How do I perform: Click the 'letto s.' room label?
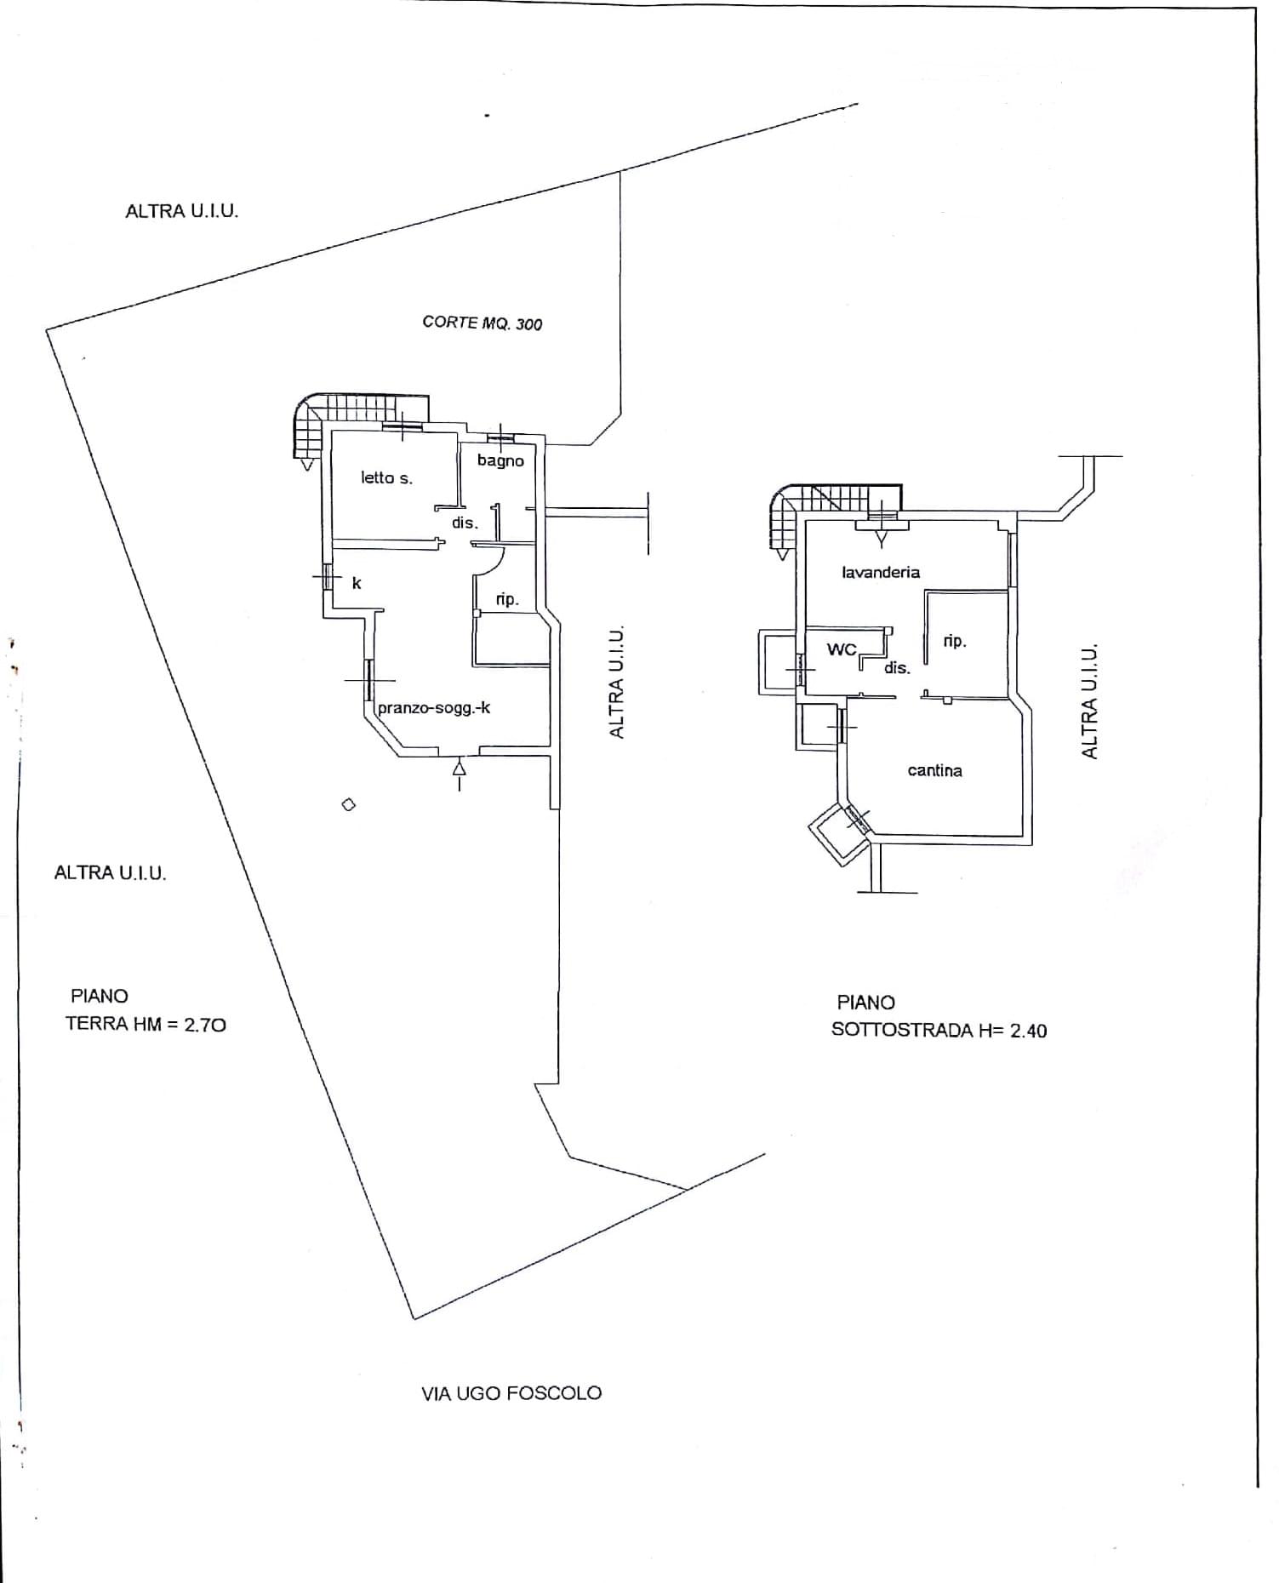(386, 478)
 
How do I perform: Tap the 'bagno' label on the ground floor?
(500, 461)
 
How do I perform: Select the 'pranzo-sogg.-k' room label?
(434, 707)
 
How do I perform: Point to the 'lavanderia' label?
(881, 572)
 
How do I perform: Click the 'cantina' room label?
(935, 770)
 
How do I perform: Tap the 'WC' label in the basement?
(842, 649)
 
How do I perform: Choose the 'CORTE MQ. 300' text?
(482, 323)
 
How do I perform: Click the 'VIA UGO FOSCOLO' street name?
(511, 1393)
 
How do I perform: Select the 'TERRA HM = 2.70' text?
(146, 1025)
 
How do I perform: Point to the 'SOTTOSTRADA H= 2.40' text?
(939, 1031)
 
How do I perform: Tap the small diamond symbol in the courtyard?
(348, 804)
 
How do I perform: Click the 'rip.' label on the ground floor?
(507, 599)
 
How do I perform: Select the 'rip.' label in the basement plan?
(955, 641)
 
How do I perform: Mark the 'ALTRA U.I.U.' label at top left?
(182, 211)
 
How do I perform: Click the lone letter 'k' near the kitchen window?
(357, 583)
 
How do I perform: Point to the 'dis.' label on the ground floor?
(465, 523)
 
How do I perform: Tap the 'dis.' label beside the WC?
(897, 668)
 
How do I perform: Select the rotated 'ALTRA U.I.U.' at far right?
(1089, 700)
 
